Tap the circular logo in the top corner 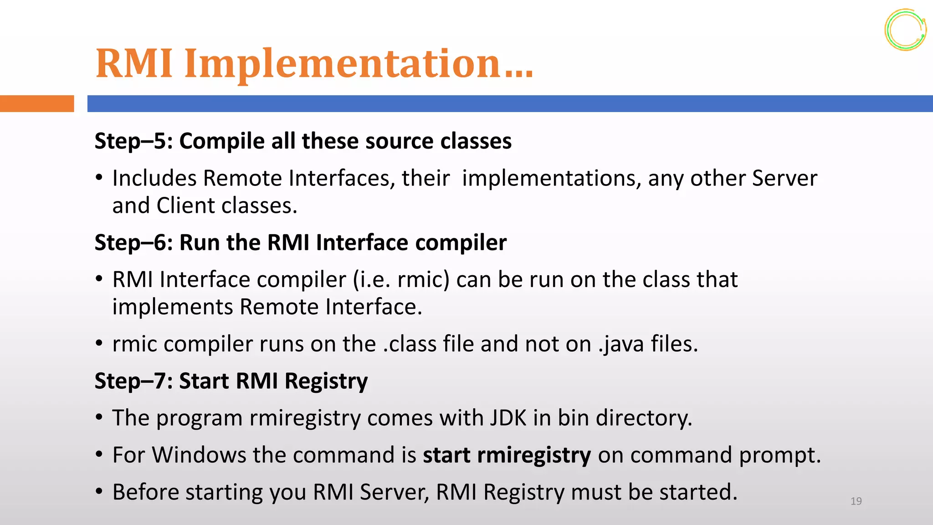905,30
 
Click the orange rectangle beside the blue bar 36,103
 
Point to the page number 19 856,501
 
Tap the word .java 620,344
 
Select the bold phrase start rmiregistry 507,455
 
